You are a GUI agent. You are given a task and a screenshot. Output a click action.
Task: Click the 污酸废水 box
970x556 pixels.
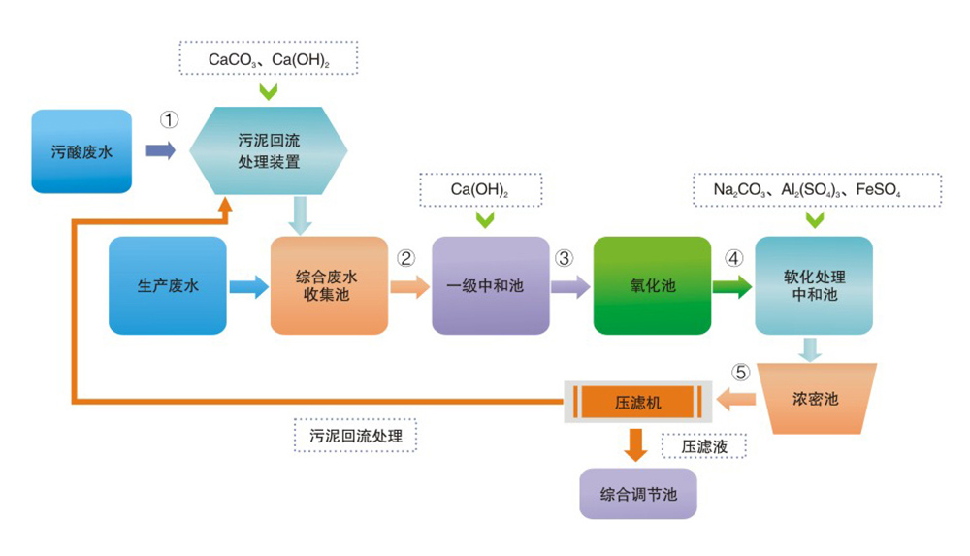pos(81,151)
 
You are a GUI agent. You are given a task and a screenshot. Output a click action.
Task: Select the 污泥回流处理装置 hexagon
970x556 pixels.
pos(269,150)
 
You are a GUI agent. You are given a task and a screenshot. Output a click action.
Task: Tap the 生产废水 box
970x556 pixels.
pos(168,286)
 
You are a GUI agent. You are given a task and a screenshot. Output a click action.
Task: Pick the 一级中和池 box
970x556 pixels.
pos(490,286)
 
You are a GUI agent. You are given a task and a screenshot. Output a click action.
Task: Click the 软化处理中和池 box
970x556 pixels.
pos(815,285)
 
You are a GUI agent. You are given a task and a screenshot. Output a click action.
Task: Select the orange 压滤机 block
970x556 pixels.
pos(638,400)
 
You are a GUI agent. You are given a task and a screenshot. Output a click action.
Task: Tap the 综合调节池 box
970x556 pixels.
pos(637,493)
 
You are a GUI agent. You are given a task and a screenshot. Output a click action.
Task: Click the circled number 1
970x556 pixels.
pos(170,120)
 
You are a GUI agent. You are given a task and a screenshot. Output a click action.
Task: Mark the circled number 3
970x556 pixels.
pos(565,258)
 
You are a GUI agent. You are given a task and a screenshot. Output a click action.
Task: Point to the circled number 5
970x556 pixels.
pos(740,372)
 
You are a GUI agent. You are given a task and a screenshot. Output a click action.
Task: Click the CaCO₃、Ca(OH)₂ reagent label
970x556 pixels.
pos(269,59)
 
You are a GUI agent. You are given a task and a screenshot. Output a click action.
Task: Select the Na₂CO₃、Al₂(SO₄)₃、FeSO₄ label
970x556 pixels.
pos(815,190)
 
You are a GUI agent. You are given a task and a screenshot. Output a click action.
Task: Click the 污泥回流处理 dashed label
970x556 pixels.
pos(355,435)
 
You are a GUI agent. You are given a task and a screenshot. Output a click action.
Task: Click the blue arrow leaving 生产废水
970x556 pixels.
pos(248,286)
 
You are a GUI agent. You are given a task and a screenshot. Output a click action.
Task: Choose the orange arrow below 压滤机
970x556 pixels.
pos(636,444)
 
